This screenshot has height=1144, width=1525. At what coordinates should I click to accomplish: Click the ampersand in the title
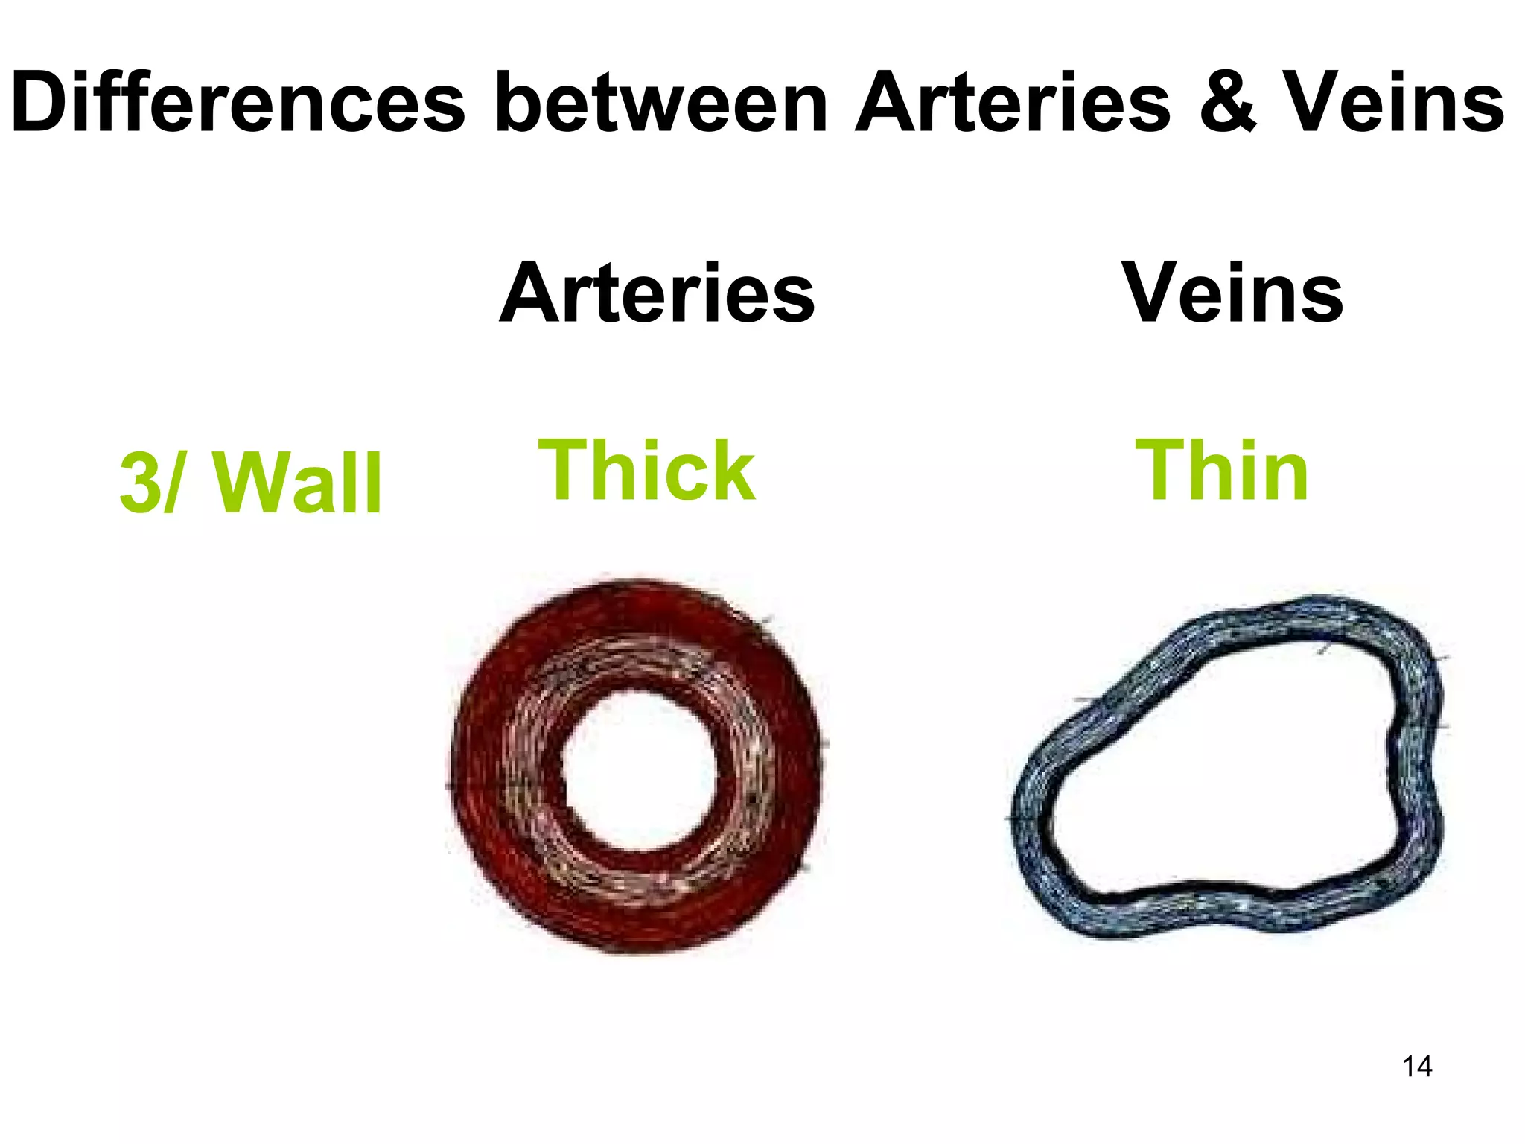tap(1229, 104)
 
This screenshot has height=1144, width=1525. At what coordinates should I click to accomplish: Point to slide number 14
tap(1417, 1067)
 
